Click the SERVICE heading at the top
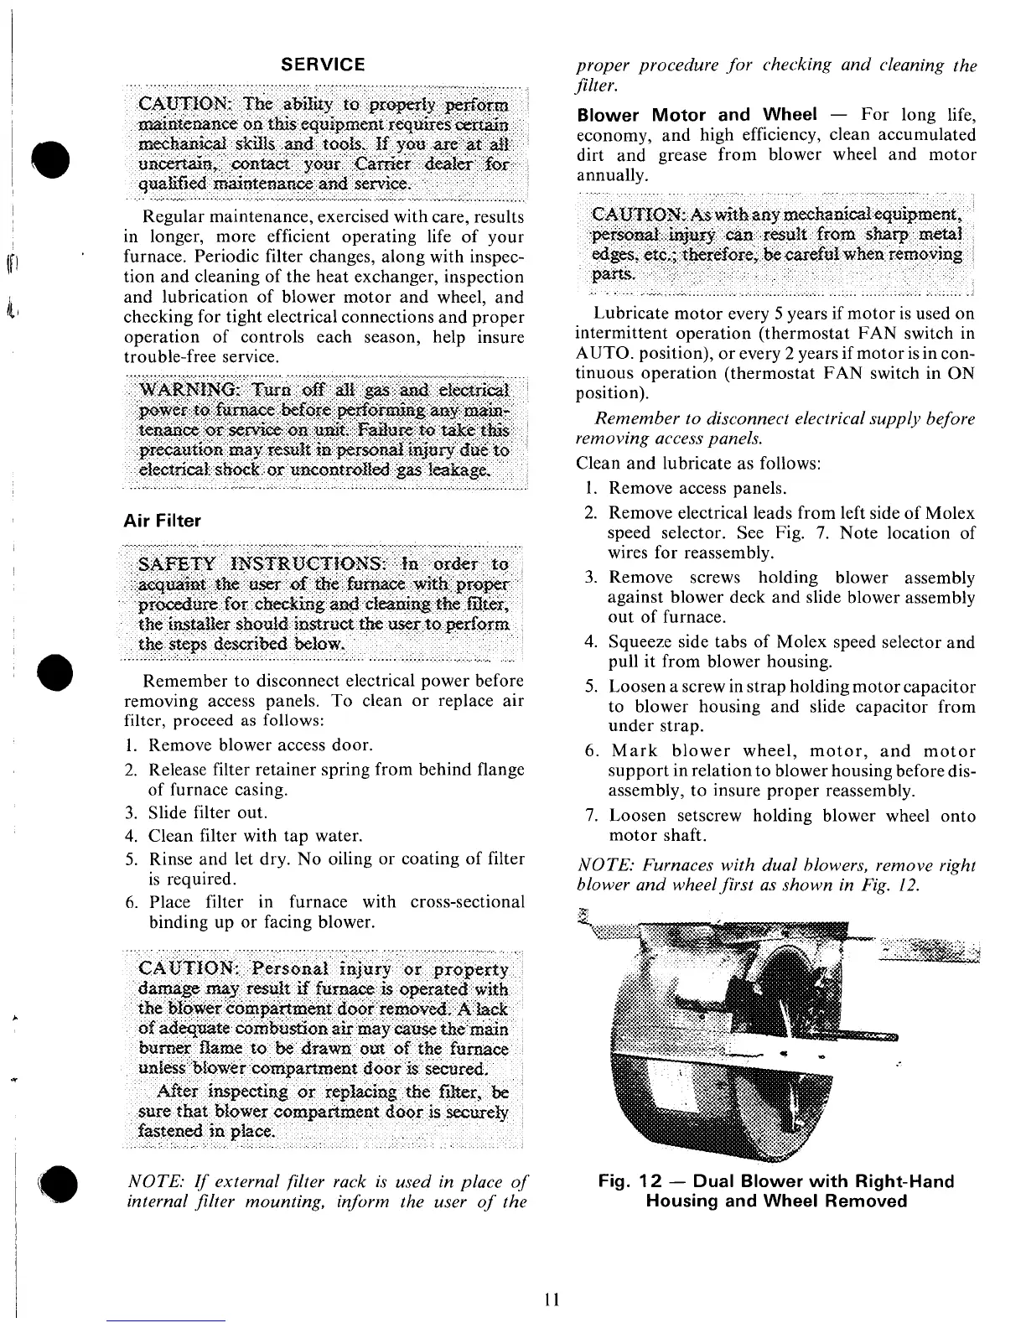coord(323,65)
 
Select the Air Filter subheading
coord(162,521)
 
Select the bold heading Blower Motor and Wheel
coord(691,115)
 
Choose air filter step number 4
coord(130,836)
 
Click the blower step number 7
coord(590,816)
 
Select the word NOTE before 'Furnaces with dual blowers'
coord(598,865)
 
